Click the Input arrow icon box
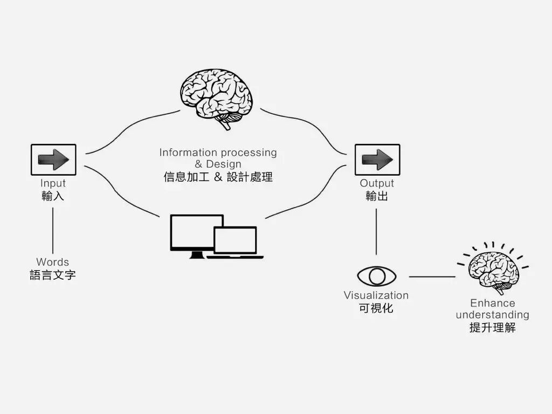pyautogui.click(x=53, y=159)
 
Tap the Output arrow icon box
pyautogui.click(x=377, y=159)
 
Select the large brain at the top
pyautogui.click(x=216, y=98)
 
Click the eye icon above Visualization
pyautogui.click(x=376, y=276)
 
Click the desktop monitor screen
pyautogui.click(x=196, y=232)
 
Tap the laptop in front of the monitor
pyautogui.click(x=236, y=242)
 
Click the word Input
pyautogui.click(x=53, y=183)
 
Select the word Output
pyautogui.click(x=377, y=183)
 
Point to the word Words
pyautogui.click(x=53, y=262)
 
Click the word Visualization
pyautogui.click(x=376, y=295)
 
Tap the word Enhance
pyautogui.click(x=493, y=303)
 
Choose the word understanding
pyautogui.click(x=493, y=314)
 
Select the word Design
pyautogui.click(x=224, y=164)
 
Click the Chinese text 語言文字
pyautogui.click(x=53, y=275)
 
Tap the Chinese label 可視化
pyautogui.click(x=376, y=308)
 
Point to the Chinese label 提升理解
pyautogui.click(x=493, y=327)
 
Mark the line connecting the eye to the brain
pyautogui.click(x=432, y=277)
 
